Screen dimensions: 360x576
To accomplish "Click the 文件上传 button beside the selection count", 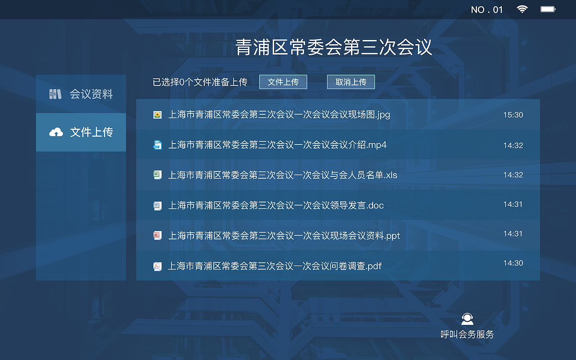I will [x=283, y=82].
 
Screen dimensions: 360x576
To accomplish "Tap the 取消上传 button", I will [x=351, y=82].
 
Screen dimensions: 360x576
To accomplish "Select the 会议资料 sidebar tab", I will [x=81, y=94].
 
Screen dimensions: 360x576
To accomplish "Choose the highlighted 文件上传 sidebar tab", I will [x=81, y=132].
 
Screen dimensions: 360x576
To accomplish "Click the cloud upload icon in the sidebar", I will [x=56, y=132].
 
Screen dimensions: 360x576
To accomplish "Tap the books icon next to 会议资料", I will [x=55, y=94].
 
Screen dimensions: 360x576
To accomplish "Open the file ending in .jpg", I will [x=279, y=115].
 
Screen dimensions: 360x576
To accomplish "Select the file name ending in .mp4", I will [x=277, y=145].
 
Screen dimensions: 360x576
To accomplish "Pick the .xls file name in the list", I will [x=283, y=175].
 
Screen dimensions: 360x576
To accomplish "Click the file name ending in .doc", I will [x=276, y=206].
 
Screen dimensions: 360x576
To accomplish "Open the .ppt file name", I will [x=284, y=236].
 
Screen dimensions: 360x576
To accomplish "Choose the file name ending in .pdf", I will [x=274, y=266].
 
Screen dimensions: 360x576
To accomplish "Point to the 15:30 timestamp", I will [x=513, y=115].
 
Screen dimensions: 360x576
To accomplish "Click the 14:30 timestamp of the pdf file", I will [x=513, y=263].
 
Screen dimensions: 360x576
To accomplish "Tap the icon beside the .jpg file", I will [x=157, y=115].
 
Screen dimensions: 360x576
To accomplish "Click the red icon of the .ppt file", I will [x=157, y=235].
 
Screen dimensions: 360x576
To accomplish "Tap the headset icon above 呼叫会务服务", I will [x=468, y=319].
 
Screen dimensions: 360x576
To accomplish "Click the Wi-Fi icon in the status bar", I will [x=522, y=9].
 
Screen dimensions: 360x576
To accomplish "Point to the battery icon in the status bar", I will [x=548, y=9].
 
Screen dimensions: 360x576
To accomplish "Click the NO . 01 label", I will [x=486, y=10].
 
